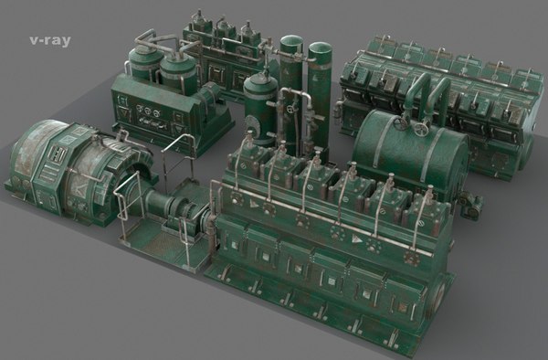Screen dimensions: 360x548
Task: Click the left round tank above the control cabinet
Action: [143, 64]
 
